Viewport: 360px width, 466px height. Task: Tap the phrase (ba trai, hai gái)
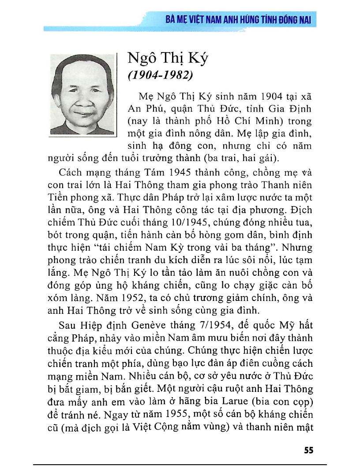click(241, 158)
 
